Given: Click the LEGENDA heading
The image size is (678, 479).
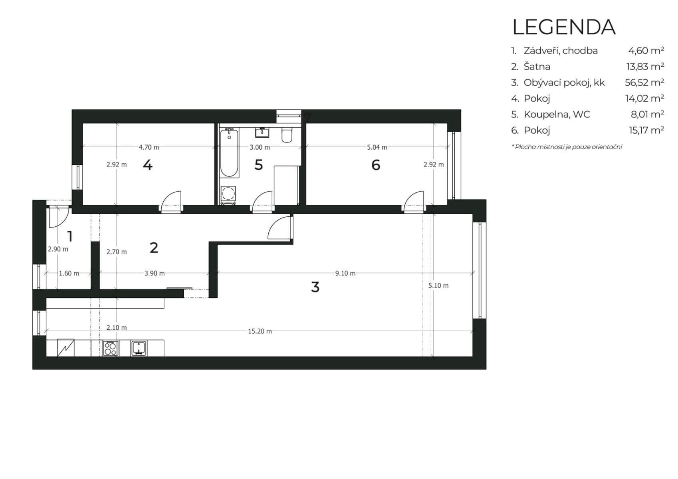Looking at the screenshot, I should coord(563,27).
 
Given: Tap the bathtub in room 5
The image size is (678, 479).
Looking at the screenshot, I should coord(229,153).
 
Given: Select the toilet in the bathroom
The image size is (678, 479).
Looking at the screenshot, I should coord(287,135).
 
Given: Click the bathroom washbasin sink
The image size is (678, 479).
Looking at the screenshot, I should coord(262,132).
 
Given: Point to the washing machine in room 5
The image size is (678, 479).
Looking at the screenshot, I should coord(228,194).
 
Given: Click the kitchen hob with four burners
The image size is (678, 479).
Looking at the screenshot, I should coord(110,348).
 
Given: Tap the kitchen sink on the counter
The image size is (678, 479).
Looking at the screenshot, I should coord(139,348).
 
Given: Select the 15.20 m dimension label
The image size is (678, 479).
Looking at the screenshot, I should coord(260,331).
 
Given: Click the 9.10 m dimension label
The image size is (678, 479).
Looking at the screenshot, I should coord(345,273).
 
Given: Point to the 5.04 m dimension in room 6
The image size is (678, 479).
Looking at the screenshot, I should coord(377,147).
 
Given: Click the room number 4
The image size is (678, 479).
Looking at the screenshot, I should coord(147,165).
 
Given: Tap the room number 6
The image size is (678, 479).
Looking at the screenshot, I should coord(376,165).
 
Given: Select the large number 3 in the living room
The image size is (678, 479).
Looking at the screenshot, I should coord(315,287).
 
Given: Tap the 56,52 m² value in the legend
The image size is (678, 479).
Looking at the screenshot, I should coord(644,83).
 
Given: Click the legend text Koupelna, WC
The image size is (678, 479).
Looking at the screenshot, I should coord(557,115).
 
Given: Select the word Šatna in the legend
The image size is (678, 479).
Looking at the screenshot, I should coord(537,67).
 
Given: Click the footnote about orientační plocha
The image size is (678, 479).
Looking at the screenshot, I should coord(567,147).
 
